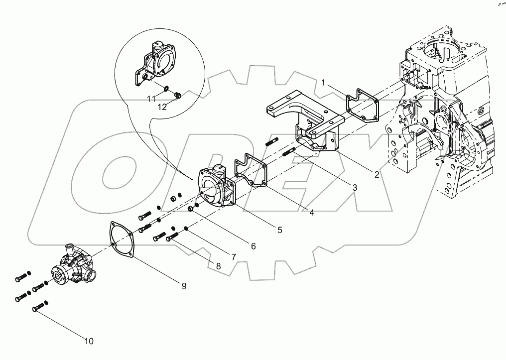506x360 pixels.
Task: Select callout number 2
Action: (x=377, y=174)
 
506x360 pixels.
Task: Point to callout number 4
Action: (x=311, y=213)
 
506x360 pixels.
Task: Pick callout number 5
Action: (x=280, y=230)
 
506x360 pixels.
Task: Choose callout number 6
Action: (x=253, y=246)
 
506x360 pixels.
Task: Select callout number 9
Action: (x=184, y=286)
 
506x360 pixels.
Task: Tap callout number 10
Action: (x=88, y=341)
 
